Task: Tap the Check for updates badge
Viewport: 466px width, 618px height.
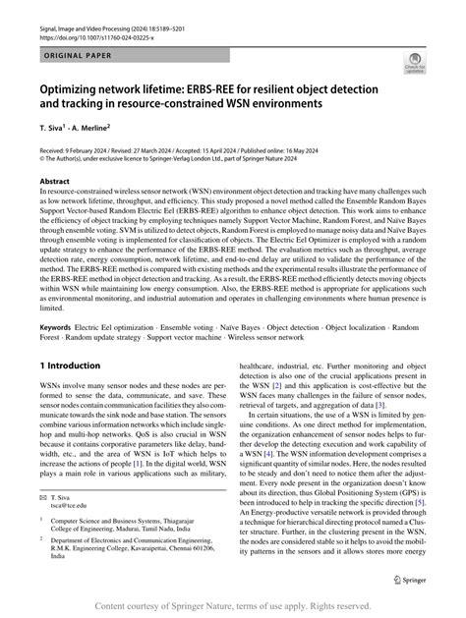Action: click(414, 66)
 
